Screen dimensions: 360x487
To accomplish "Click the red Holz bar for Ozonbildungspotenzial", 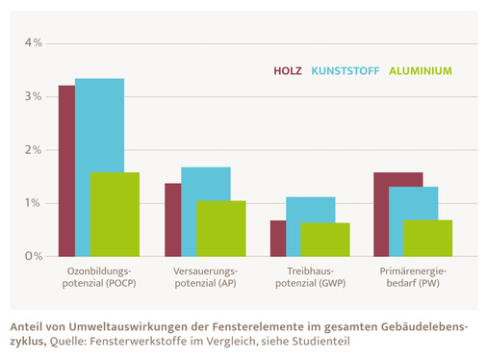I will point(66,171).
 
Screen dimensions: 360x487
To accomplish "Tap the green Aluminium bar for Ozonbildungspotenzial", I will point(115,214).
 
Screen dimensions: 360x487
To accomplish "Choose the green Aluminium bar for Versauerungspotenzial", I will point(220,228).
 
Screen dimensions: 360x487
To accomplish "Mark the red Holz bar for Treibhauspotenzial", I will point(277,238).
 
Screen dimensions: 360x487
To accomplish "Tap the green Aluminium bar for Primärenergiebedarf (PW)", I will point(427,238).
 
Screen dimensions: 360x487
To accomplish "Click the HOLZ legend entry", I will point(288,71).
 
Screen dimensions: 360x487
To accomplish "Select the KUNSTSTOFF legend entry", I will point(346,71).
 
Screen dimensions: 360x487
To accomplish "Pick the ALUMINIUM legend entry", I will point(421,71).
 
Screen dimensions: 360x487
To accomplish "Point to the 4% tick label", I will point(34,43).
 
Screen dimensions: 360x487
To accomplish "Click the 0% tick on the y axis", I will point(34,256).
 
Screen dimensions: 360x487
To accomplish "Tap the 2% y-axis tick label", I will point(34,150).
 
